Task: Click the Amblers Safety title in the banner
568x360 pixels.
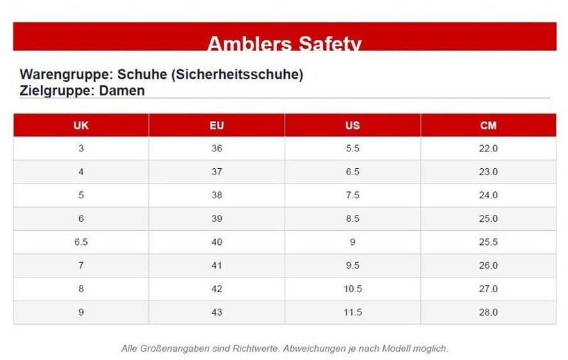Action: click(x=285, y=43)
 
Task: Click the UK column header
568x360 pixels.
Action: click(x=81, y=125)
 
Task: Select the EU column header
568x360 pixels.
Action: click(x=217, y=125)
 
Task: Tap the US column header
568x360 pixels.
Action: click(x=352, y=125)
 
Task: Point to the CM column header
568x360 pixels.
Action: click(x=488, y=125)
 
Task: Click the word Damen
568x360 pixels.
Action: click(x=122, y=91)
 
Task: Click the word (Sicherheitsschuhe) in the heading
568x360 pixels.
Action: click(x=237, y=74)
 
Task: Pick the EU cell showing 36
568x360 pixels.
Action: click(x=217, y=148)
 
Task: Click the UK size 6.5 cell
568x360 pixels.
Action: click(x=81, y=242)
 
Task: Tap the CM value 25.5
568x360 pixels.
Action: click(x=488, y=242)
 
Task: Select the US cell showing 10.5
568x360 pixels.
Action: click(x=352, y=288)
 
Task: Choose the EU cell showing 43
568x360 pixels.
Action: click(x=217, y=312)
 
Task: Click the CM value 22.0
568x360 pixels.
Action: click(x=488, y=148)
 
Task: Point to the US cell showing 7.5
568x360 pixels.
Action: click(x=352, y=195)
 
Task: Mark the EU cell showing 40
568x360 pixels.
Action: click(x=217, y=242)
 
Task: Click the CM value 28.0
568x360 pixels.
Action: click(x=488, y=312)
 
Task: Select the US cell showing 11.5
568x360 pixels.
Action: click(x=352, y=312)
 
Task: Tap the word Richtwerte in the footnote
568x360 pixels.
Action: click(x=256, y=348)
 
